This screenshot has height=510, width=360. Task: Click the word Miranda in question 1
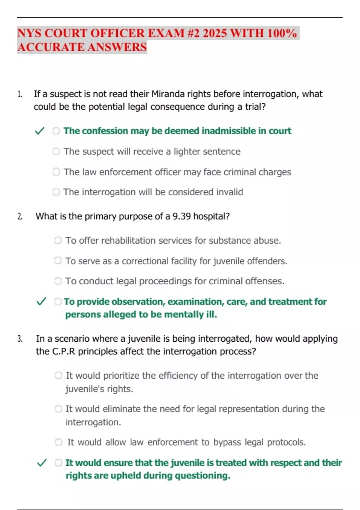pos(168,94)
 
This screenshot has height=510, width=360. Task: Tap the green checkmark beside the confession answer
pos(40,131)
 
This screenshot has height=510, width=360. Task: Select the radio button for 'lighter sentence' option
pos(56,151)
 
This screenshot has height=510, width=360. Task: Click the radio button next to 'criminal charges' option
pos(56,172)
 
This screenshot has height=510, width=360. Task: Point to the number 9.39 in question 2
pos(181,216)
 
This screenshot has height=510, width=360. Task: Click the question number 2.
pos(20,217)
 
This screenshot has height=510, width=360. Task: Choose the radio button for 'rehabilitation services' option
pos(58,241)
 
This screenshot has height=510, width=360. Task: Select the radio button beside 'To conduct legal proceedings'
pos(58,281)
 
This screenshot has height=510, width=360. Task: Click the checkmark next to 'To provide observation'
pos(41,301)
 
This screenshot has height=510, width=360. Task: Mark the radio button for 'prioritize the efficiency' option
pos(58,376)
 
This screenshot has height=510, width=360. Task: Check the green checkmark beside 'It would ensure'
pos(41,463)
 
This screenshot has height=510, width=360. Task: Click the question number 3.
pos(20,339)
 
